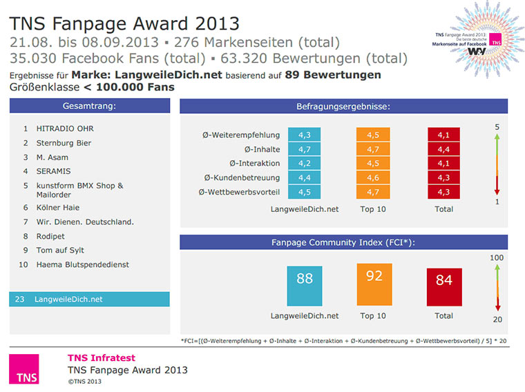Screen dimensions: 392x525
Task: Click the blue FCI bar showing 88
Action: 305,286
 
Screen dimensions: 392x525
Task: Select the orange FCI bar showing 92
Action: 374,284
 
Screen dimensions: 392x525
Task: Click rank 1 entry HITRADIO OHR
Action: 66,128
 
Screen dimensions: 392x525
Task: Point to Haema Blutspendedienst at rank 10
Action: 83,264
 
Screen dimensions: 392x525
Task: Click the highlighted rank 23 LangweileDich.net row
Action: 90,300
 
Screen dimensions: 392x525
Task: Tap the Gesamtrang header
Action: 90,106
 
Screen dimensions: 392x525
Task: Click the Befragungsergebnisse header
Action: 343,106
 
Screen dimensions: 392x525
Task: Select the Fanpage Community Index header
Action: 343,242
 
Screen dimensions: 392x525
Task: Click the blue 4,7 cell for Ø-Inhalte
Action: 305,149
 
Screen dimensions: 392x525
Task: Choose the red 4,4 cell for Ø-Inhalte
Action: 444,149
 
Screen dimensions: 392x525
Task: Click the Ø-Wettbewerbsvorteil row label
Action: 239,191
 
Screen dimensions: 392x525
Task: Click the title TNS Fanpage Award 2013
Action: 125,23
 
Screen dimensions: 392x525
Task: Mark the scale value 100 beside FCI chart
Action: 496,257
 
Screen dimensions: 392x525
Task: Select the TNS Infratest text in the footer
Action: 101,357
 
